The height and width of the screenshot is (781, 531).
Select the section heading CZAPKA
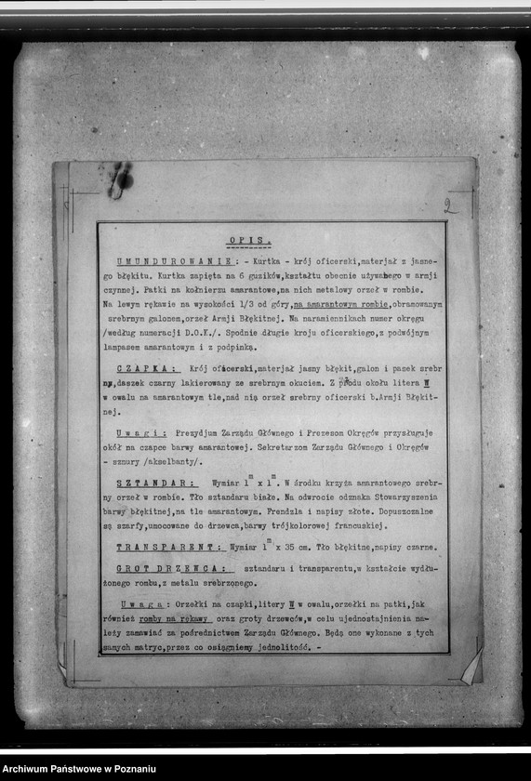coord(141,368)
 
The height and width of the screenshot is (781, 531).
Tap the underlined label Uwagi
coord(141,433)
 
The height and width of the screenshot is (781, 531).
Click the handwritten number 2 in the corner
coord(450,207)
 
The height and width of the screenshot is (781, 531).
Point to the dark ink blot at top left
coord(119,179)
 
